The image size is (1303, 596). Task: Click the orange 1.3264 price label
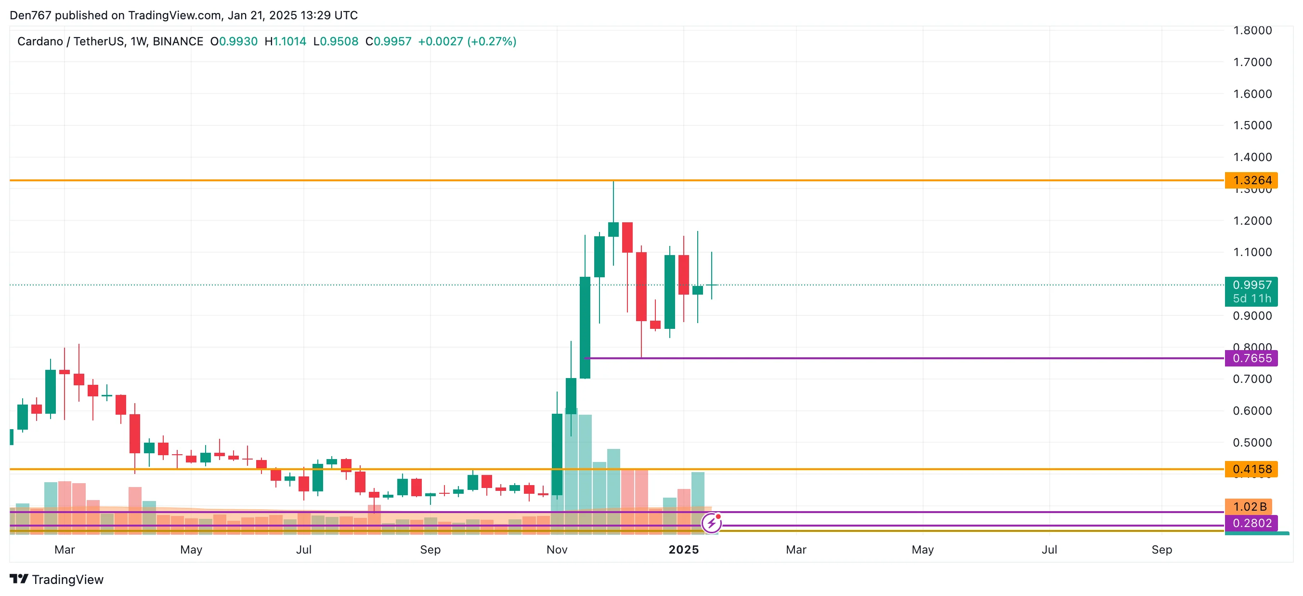tap(1251, 180)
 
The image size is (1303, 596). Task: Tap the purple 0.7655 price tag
tap(1251, 358)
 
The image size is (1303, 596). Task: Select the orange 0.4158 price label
tap(1251, 469)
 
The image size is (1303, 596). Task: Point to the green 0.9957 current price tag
tap(1251, 285)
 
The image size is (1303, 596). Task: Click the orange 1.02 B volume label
tap(1249, 506)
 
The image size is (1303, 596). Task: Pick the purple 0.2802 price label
tap(1251, 523)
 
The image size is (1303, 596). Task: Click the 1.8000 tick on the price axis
tap(1252, 30)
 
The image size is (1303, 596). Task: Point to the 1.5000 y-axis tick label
tap(1252, 125)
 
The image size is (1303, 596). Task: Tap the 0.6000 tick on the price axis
tap(1252, 411)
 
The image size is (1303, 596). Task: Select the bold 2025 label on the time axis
tap(683, 549)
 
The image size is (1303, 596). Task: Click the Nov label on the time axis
tap(557, 549)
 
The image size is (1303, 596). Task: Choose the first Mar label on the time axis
tap(64, 549)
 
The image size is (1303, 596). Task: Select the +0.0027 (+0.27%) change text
tap(467, 41)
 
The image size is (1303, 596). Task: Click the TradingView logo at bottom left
tap(57, 579)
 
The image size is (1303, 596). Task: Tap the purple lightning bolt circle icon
tap(711, 523)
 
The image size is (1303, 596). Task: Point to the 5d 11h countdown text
tap(1251, 299)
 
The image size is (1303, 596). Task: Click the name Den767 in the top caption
tap(30, 15)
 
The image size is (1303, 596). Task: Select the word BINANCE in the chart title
tap(178, 41)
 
